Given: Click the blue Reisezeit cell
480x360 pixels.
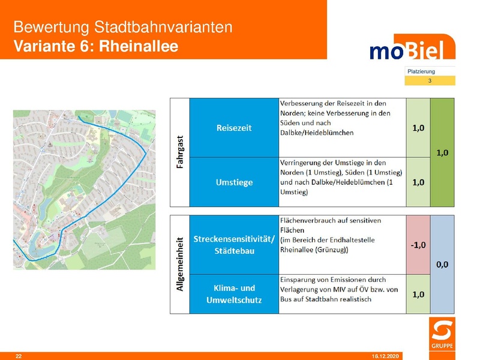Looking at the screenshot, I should [x=234, y=127].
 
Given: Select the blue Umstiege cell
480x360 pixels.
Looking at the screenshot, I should [x=234, y=182].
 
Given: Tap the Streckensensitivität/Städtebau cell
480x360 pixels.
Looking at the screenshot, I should [x=234, y=245].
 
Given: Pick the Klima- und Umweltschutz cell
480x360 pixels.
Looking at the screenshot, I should [x=234, y=294].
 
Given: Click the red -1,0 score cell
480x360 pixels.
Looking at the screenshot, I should [x=418, y=245].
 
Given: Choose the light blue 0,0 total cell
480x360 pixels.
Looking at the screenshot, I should [x=443, y=264].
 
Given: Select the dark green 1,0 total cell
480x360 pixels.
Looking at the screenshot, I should [x=443, y=152].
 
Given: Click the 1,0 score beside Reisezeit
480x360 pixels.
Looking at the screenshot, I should [x=418, y=127].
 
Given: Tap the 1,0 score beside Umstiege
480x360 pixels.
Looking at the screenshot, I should [x=418, y=182].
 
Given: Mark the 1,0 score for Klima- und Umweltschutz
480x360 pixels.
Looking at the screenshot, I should [x=418, y=294].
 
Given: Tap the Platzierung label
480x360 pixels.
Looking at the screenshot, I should [x=421, y=71].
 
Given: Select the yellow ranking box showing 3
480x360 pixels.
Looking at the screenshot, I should [x=430, y=80].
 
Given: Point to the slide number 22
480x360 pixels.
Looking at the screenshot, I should [x=19, y=356].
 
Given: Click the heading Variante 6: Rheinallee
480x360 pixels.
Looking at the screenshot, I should [x=96, y=46].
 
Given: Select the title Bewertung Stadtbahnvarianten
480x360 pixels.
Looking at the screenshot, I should [x=122, y=28].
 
